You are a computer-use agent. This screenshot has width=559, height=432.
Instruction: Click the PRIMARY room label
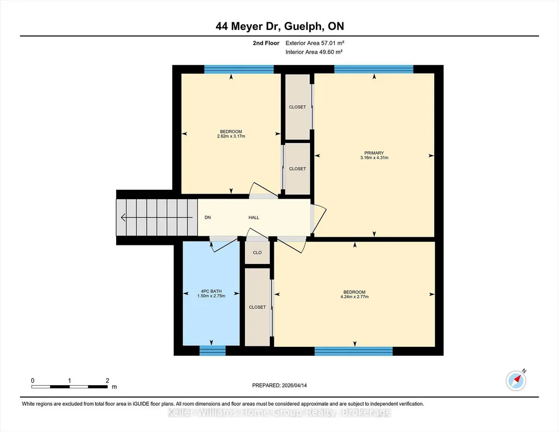tap(374, 153)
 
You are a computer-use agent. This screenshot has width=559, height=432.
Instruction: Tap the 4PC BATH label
tap(211, 291)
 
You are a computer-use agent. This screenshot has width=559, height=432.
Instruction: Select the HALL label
tap(254, 218)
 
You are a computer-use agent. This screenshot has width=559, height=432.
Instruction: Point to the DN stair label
tap(207, 218)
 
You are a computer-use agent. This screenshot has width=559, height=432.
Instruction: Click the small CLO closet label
tap(257, 253)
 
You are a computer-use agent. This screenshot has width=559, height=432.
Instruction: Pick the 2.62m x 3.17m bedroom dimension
tap(231, 136)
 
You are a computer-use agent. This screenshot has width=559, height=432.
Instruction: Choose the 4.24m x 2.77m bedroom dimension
tap(354, 297)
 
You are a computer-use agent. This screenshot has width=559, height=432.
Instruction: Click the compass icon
tap(516, 380)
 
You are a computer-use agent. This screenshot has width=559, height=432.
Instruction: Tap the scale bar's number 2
tap(107, 380)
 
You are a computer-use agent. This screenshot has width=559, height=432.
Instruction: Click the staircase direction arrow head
tap(123, 217)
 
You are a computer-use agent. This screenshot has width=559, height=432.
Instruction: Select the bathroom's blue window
tap(213, 351)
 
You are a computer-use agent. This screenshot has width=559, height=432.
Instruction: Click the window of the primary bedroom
tap(374, 69)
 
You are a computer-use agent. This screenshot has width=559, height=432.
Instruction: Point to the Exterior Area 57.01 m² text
tap(315, 43)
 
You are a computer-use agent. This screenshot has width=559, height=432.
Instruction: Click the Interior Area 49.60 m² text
tap(314, 52)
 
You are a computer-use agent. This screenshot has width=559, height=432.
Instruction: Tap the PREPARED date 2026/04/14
tap(294, 385)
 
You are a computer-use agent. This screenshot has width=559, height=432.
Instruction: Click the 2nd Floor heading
tap(266, 43)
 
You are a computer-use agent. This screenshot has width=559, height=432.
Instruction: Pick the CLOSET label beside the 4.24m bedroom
tap(257, 307)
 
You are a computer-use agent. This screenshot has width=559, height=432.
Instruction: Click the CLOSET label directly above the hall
tap(297, 169)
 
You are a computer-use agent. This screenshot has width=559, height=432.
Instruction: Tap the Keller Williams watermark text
tap(279, 412)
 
